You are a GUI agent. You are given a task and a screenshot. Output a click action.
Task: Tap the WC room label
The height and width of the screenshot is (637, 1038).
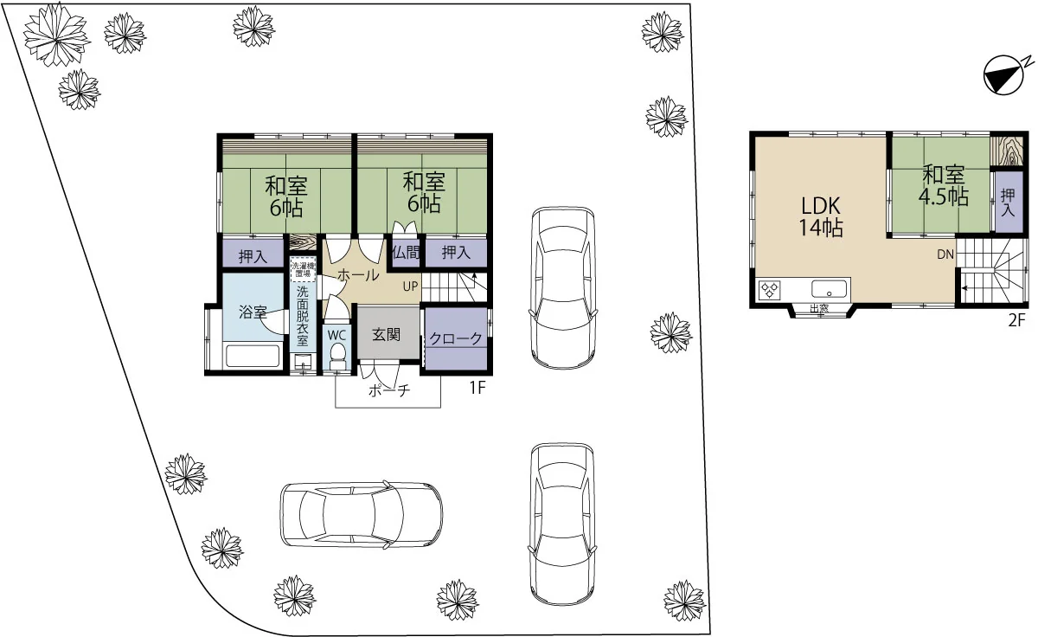coord(336,335)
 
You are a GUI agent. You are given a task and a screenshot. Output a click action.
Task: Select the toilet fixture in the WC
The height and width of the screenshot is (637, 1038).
coord(336,357)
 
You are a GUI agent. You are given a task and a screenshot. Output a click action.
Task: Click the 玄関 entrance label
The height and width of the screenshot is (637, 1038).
coord(386,335)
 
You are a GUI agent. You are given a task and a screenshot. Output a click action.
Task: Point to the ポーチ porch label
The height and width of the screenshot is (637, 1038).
coord(389,390)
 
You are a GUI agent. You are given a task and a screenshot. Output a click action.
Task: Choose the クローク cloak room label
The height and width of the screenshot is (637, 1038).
coord(456,339)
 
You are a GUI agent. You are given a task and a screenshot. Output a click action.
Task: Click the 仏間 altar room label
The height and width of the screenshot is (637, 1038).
coord(406,253)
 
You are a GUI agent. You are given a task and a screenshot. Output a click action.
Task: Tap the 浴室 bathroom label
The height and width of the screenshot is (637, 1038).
coord(253,312)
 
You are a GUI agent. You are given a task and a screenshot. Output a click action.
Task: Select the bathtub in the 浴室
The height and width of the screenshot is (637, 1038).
coord(252,356)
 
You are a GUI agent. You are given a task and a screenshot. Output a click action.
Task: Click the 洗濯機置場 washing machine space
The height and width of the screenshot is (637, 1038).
coord(303,269)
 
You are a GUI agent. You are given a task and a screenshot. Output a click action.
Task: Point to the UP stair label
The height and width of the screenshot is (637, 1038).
coord(410,286)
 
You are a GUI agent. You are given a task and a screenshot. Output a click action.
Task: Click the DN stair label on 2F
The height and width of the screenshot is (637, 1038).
coord(945,254)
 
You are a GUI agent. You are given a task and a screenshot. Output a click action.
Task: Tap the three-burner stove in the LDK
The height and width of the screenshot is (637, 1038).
coord(770,290)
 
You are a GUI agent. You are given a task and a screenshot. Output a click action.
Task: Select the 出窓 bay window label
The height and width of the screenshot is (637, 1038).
coord(819,308)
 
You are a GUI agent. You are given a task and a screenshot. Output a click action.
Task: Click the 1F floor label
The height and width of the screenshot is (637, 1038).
coord(477,387)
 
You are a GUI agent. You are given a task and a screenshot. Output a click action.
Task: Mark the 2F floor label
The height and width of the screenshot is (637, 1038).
coord(1016,320)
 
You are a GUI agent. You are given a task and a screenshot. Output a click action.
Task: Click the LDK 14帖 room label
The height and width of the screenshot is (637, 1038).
coord(821,216)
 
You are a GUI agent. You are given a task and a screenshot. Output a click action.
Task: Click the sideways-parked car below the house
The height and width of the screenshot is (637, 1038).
coord(362,514)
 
